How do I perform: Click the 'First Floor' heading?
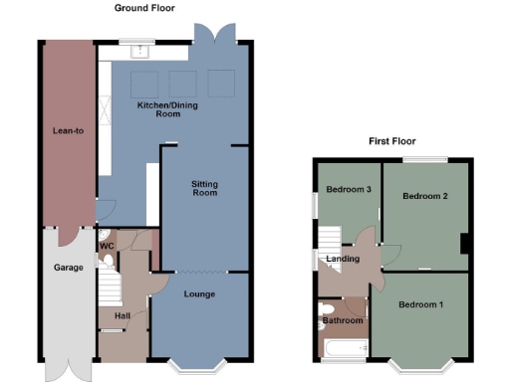coord(389,141)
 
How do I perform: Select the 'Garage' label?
coord(67,268)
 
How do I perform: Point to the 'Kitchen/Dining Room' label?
coord(159,109)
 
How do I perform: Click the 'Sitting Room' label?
coord(204,188)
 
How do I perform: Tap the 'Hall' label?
coord(121,316)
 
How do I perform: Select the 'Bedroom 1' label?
coord(421,304)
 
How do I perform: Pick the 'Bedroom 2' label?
coord(424,197)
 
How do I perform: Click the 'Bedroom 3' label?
coord(349,189)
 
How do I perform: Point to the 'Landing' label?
coord(343,260)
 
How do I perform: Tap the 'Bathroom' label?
coord(342,320)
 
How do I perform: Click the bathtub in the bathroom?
coord(342,347)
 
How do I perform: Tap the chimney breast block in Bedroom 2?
coord(465,245)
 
